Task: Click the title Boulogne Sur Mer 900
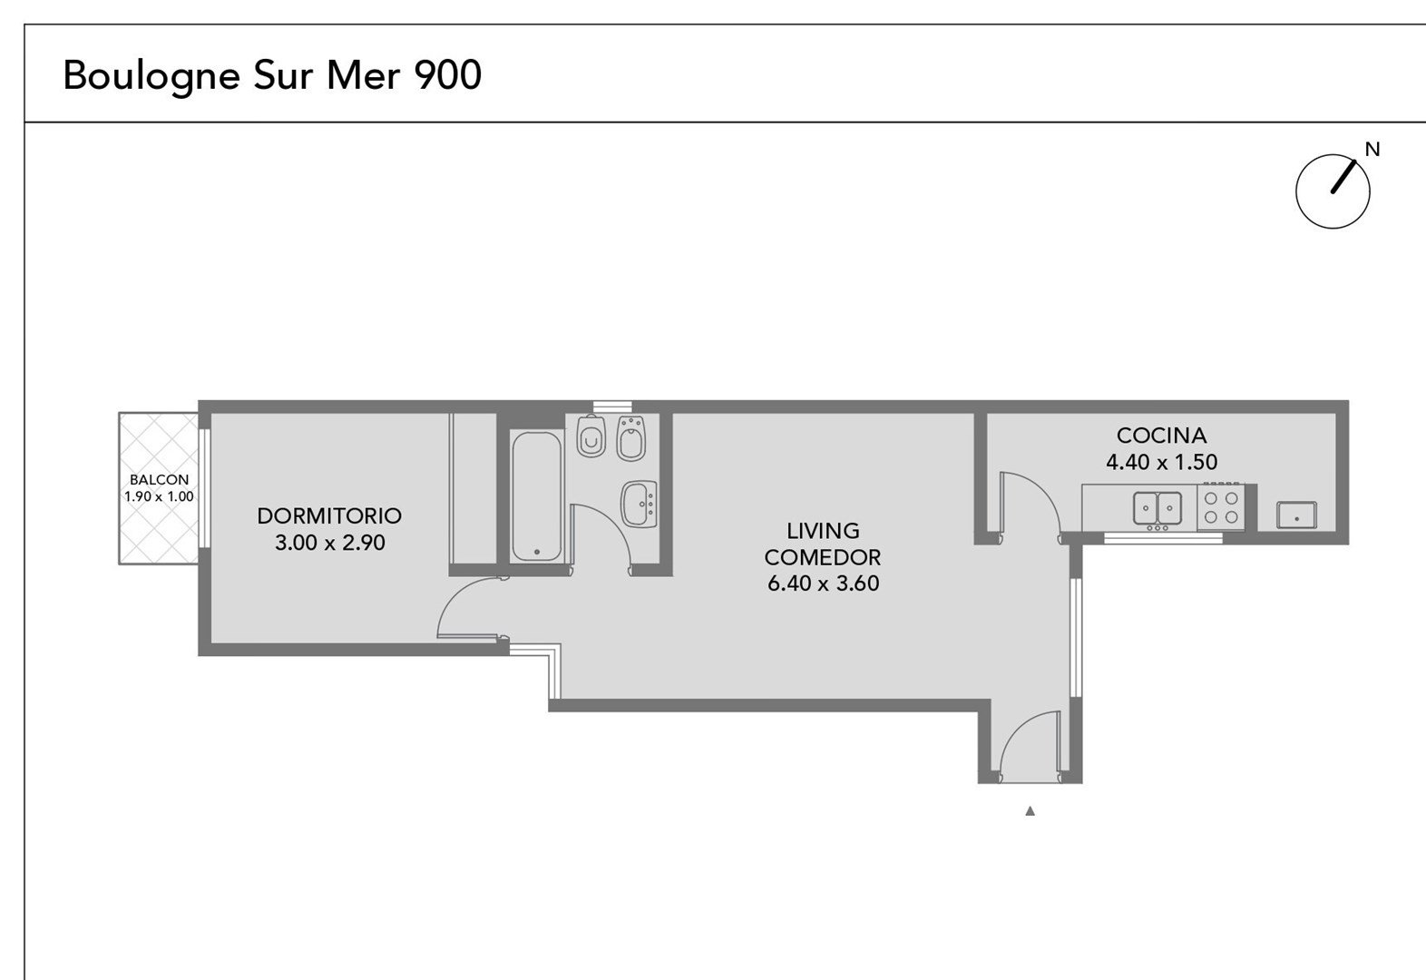point(272,76)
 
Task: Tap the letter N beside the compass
point(1372,149)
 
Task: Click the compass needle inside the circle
point(1343,176)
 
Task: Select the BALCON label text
point(159,479)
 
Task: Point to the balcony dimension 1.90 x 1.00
point(159,496)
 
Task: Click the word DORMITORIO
point(329,515)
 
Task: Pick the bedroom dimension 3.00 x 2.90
point(330,543)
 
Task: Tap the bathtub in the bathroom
point(537,496)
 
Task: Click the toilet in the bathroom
point(591,436)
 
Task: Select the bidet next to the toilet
point(630,438)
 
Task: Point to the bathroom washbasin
point(639,504)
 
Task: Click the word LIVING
point(823,531)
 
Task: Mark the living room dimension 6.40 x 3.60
point(823,583)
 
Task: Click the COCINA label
point(1162,436)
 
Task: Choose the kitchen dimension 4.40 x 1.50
point(1162,462)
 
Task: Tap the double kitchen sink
point(1157,509)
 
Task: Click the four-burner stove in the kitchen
point(1221,507)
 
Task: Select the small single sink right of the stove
point(1297,515)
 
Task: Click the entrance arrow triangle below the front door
point(1030,811)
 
